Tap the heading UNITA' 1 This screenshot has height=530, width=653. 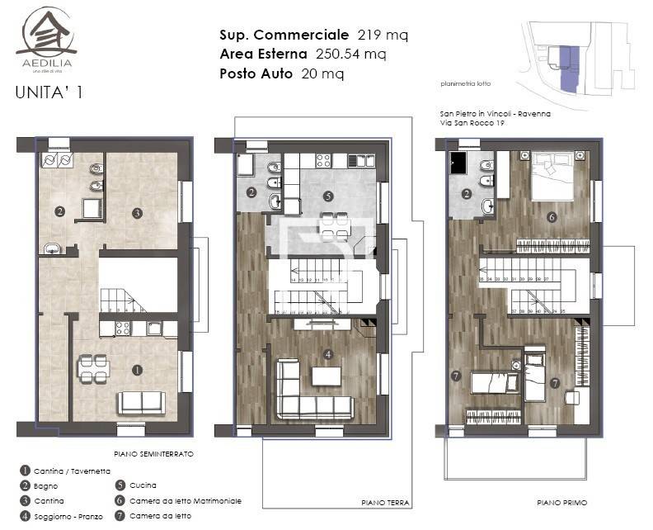click(x=49, y=92)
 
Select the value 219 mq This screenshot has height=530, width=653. click(x=383, y=35)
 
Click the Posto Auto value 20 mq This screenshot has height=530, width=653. click(x=322, y=73)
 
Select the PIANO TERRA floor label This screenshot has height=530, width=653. click(x=385, y=502)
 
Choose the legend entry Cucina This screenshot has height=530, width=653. click(x=143, y=485)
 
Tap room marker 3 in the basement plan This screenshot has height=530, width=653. click(x=137, y=213)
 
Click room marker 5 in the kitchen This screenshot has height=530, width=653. click(x=328, y=196)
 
